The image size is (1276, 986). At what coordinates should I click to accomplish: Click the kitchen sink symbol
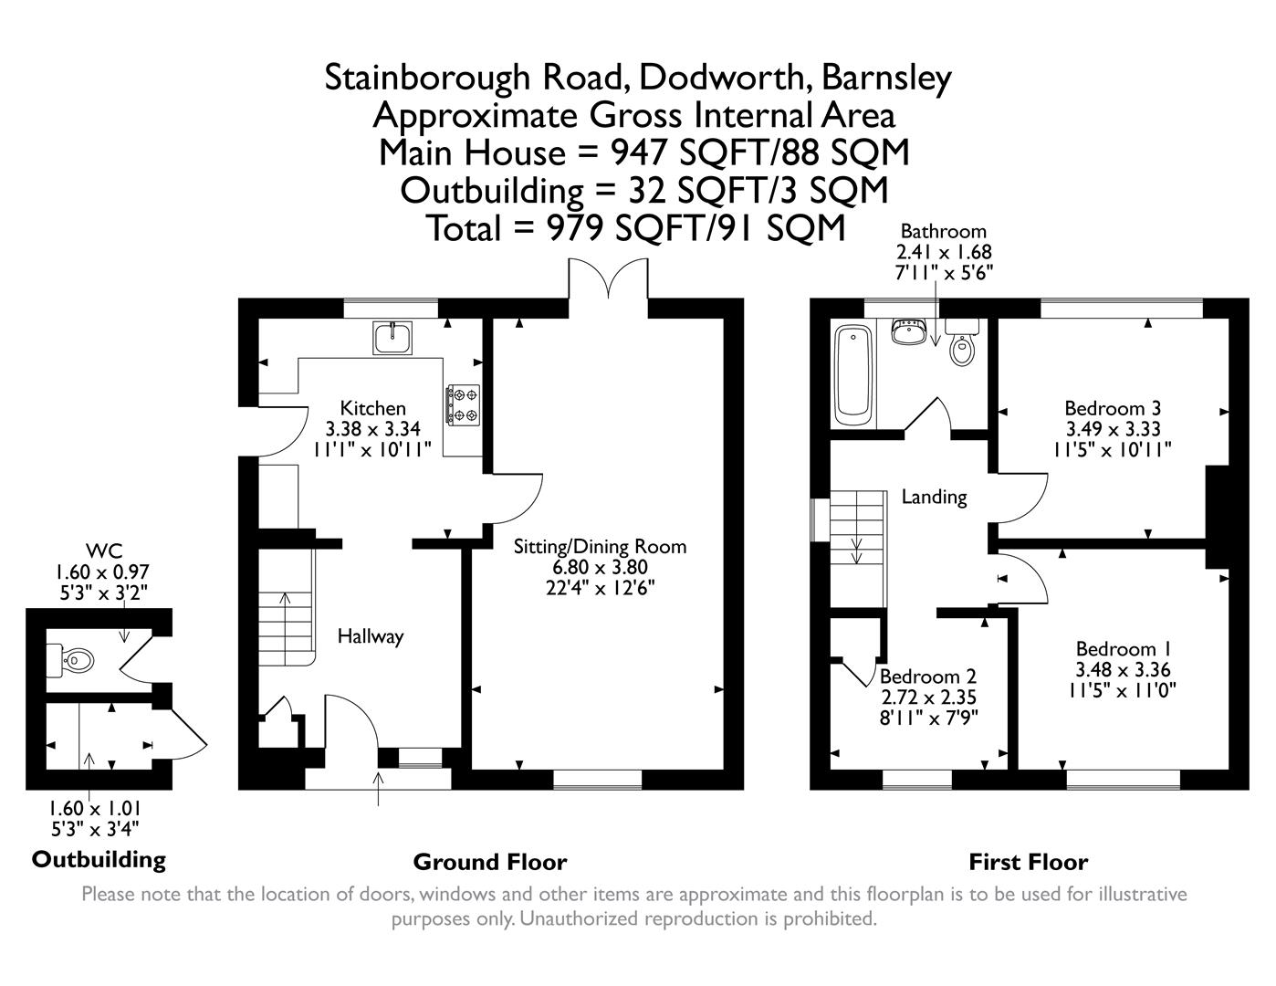coord(392,338)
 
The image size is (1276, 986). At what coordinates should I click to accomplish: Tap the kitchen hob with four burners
coord(463,405)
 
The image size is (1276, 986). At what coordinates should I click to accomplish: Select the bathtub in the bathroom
coord(854,376)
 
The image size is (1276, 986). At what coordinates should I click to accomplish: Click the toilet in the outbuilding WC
coord(71,659)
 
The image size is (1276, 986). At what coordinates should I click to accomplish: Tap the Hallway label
coord(370,636)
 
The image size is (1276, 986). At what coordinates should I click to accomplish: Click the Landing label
coord(934,497)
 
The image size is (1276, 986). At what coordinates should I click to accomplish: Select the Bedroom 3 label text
coord(1113,408)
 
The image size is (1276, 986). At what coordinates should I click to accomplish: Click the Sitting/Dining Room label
coord(600,547)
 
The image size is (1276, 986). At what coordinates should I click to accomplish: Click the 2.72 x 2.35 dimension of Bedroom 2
coord(928,698)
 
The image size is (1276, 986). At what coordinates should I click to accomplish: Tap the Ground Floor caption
coord(490,862)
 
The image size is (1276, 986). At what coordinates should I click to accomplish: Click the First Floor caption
coord(1028,862)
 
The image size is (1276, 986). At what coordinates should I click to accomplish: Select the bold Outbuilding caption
coord(99,859)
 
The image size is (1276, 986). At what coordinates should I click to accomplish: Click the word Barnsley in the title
coord(886,78)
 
